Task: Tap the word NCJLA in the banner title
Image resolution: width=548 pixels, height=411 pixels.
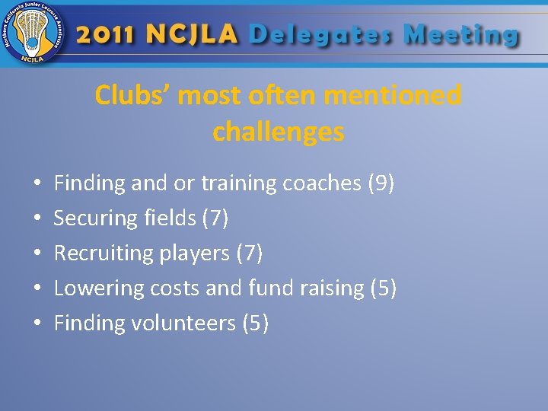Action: pyautogui.click(x=194, y=35)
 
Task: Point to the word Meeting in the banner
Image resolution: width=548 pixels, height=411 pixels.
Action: pyautogui.click(x=460, y=35)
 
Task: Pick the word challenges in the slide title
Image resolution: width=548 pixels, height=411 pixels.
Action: pyautogui.click(x=278, y=132)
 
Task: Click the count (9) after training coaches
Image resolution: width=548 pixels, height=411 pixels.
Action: pyautogui.click(x=381, y=183)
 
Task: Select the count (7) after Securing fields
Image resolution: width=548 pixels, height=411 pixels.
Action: pyautogui.click(x=215, y=218)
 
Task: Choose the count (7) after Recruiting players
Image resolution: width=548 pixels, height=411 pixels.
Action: pyautogui.click(x=250, y=253)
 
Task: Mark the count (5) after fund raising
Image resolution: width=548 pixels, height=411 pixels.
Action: pyautogui.click(x=383, y=288)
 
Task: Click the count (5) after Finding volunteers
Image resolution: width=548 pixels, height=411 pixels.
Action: pyautogui.click(x=255, y=323)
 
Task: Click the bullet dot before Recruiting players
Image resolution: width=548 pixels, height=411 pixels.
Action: pyautogui.click(x=37, y=254)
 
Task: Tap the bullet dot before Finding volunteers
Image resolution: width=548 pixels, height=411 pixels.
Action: pyautogui.click(x=37, y=324)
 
